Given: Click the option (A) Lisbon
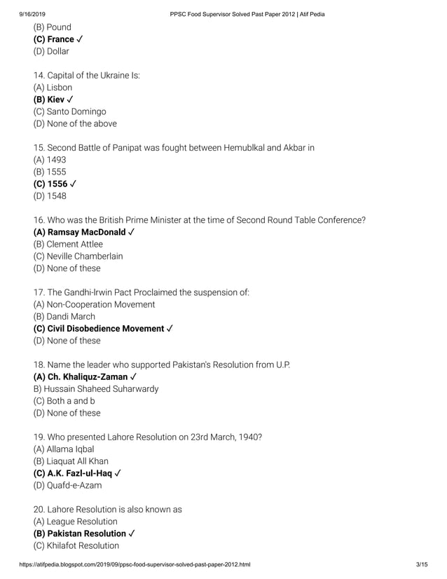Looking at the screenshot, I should coord(53,88).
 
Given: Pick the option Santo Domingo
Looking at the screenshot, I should coord(69,111).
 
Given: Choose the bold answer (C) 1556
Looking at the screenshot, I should coord(55,184).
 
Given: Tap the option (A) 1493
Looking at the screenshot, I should coord(50,160).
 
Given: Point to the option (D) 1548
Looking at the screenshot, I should coord(50,196).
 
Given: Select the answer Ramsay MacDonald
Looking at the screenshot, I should coord(84,232).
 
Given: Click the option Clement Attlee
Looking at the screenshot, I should coord(68,244).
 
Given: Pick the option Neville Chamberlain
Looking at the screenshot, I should coord(78,256).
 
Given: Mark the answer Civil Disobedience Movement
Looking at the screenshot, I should coord(103,328).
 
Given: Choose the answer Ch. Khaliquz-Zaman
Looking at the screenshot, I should coord(85,376).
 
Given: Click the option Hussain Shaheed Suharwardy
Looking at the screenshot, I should coord(96,388).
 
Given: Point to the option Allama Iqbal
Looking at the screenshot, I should coord(64,449).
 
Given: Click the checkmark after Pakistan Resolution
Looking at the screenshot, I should coord(132,533).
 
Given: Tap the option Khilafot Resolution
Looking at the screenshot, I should coord(76,545).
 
